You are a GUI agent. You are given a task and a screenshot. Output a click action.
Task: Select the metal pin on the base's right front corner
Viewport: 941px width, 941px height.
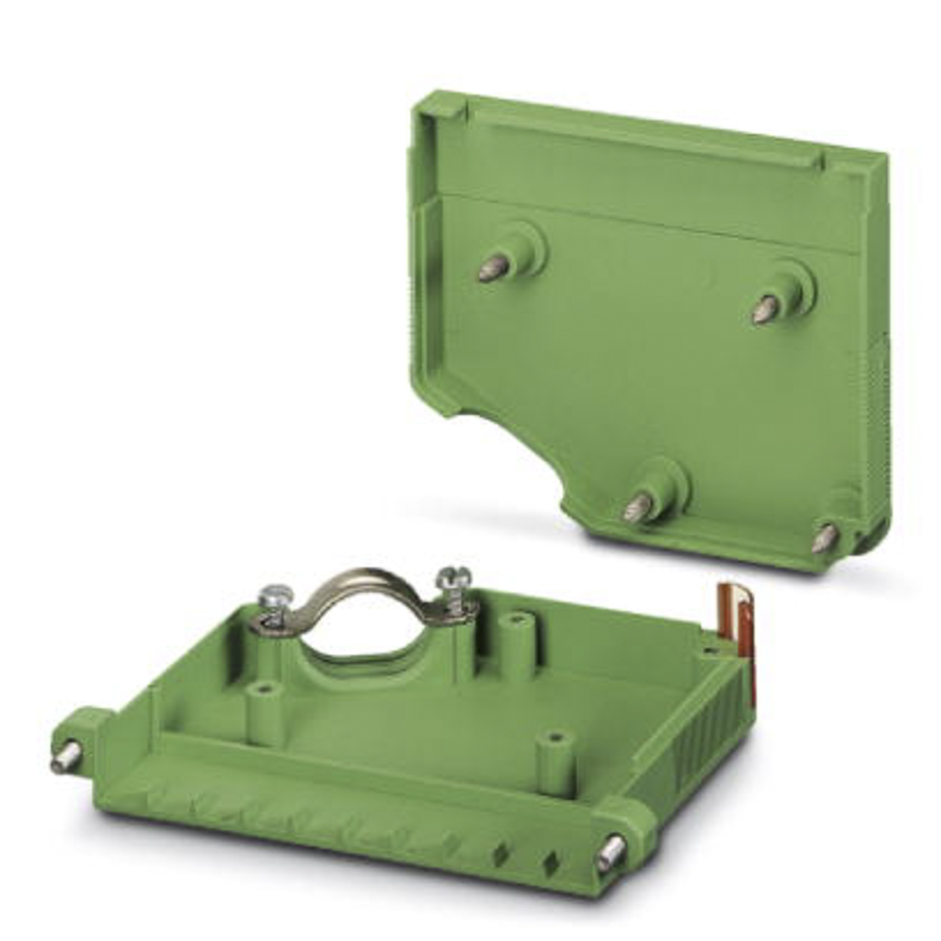coord(609,854)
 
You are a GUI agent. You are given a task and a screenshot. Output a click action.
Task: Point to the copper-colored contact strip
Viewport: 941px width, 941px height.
coord(741,627)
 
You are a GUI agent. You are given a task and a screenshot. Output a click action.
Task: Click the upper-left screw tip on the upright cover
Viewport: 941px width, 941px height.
coord(492,269)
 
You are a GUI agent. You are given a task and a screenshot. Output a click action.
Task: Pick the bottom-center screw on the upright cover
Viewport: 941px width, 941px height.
coord(637,508)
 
